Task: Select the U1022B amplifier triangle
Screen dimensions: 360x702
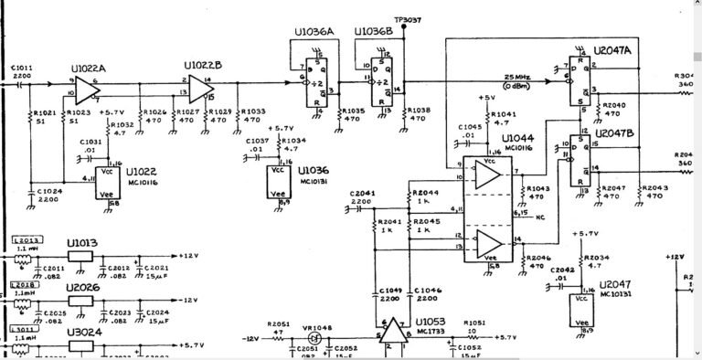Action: pyautogui.click(x=198, y=87)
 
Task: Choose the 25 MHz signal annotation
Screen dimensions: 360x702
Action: pyautogui.click(x=518, y=77)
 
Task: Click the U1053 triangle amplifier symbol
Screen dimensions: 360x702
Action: pyautogui.click(x=394, y=331)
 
